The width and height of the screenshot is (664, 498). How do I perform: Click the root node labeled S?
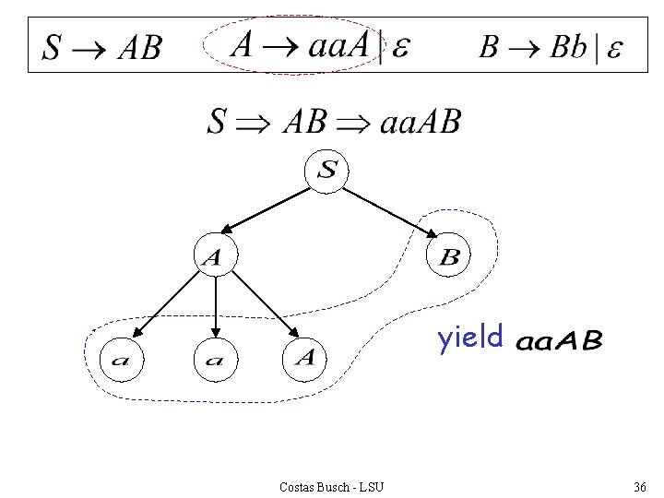coord(328,171)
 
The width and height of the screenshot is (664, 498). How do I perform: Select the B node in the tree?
coord(450,257)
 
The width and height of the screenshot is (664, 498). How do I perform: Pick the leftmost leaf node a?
coord(120,359)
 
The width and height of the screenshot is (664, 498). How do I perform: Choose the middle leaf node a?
coord(215,359)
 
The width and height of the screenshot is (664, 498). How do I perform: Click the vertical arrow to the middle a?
coord(215,308)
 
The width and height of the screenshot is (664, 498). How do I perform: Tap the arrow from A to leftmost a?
coord(169,308)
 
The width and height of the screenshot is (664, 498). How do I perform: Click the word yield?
coord(470,338)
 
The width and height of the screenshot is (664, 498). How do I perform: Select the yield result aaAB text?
coord(559,342)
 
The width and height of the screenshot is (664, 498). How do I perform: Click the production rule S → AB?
coord(101,46)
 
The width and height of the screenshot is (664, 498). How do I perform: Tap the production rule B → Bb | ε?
coord(550,46)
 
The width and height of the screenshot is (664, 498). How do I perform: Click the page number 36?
coord(639,486)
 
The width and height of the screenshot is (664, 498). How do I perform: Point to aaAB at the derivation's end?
coord(420,121)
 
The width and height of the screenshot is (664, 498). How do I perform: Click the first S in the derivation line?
coord(217,122)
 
